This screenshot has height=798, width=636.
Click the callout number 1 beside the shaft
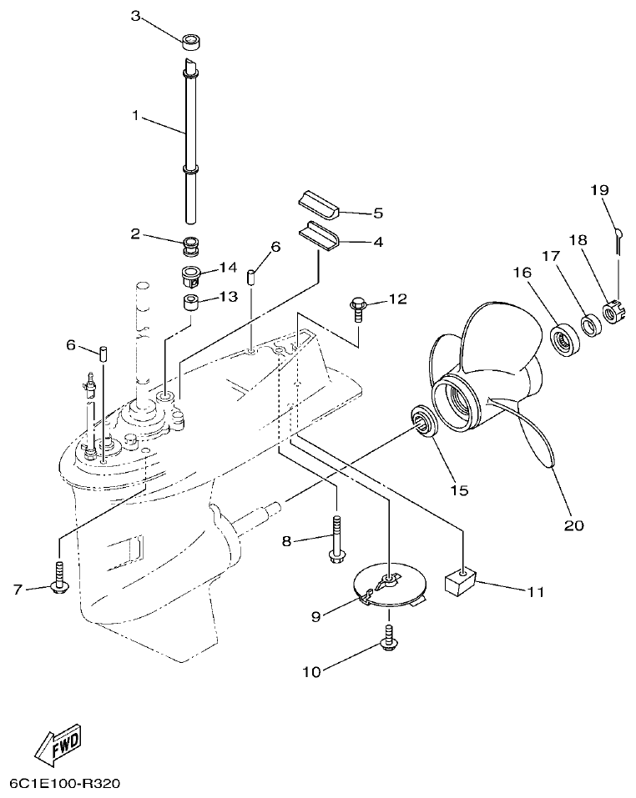pos(136,116)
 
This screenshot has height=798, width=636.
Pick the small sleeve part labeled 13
pos(191,300)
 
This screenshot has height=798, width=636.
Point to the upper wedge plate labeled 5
pos(318,203)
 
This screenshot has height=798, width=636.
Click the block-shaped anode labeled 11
pos(459,580)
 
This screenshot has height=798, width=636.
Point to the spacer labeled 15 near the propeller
pos(423,421)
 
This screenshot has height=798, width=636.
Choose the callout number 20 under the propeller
pos(574,524)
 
